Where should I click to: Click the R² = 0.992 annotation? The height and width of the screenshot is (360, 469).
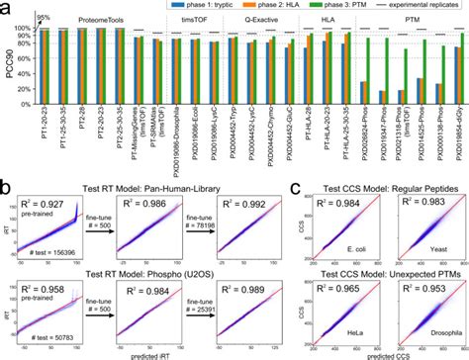point(218,203)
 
